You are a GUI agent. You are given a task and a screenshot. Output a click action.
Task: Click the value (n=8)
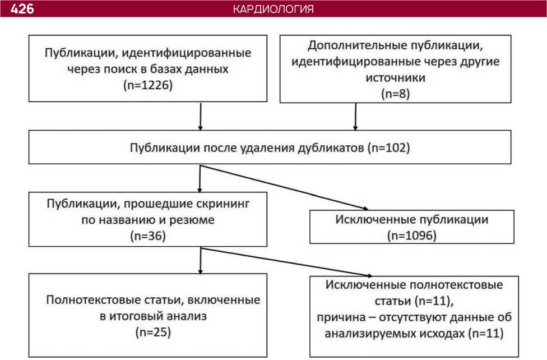[396, 94]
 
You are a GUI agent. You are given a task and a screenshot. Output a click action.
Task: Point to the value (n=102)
[388, 149]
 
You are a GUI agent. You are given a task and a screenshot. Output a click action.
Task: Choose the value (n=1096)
[411, 234]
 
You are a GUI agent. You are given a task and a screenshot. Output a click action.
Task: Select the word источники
[396, 77]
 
